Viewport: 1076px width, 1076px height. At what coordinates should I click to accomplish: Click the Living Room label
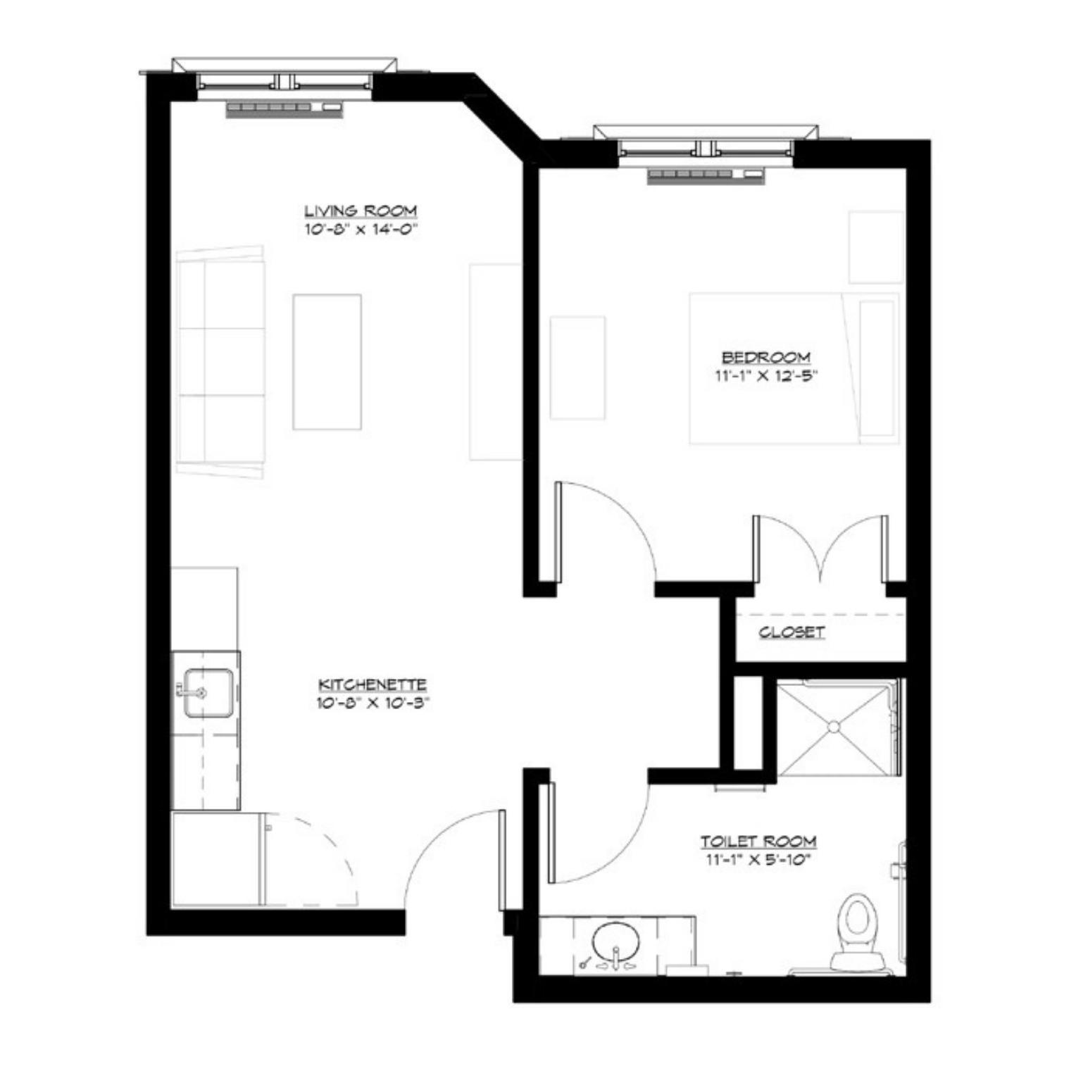click(361, 211)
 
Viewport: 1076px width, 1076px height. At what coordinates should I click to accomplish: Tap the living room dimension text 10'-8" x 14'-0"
click(361, 229)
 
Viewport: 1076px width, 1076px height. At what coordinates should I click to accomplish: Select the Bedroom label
click(766, 357)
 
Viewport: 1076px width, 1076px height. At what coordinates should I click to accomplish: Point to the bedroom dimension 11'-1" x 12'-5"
click(766, 375)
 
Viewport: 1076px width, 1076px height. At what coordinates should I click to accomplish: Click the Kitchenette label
click(373, 684)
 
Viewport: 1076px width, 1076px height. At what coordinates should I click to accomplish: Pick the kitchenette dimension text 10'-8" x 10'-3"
click(373, 703)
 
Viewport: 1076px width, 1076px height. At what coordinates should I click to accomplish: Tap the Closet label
click(792, 632)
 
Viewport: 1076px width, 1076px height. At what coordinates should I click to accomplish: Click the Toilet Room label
click(758, 841)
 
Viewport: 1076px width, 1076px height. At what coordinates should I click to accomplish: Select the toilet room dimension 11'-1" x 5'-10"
click(758, 859)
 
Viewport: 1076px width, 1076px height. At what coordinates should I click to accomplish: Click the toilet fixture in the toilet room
click(858, 930)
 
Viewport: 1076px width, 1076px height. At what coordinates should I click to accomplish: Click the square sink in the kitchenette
click(208, 693)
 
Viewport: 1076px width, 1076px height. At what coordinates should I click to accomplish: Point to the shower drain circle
click(834, 727)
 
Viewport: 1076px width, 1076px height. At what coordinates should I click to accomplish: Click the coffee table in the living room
click(327, 361)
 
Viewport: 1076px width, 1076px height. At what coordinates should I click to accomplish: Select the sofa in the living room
click(221, 362)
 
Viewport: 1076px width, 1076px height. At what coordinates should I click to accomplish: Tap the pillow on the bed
click(877, 368)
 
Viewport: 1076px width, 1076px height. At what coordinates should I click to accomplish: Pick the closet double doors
click(820, 549)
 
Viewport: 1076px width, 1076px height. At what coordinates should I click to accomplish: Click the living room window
click(284, 80)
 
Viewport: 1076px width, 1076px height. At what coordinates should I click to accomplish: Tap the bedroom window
click(706, 148)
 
